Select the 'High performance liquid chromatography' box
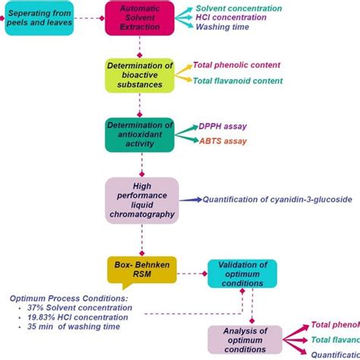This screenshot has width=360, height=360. coord(141,201)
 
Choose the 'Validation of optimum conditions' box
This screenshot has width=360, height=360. coord(242,273)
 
